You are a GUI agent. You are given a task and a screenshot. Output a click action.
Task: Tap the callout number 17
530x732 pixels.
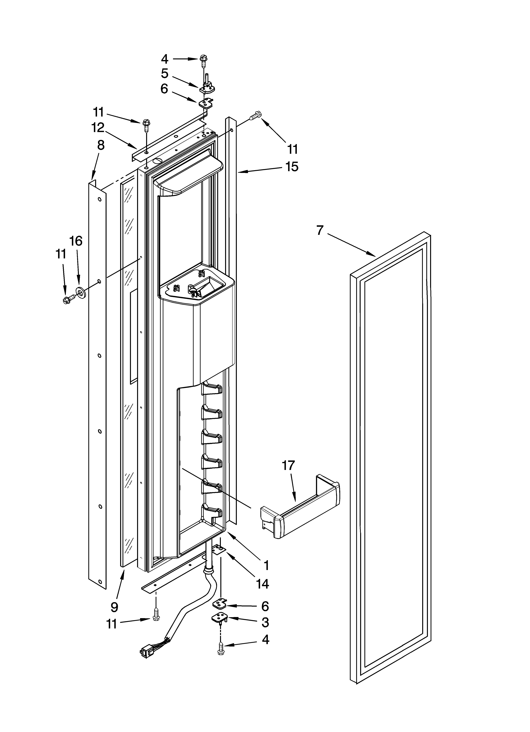point(288,465)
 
